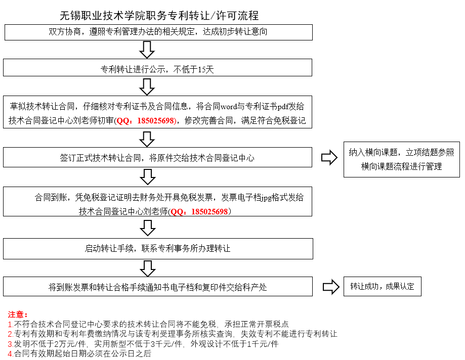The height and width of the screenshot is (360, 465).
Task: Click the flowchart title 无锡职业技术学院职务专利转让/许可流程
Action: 159,15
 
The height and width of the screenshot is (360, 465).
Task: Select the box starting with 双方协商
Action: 159,32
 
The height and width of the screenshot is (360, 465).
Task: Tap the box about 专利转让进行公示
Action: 158,68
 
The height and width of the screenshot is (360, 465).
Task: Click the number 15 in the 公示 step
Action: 202,70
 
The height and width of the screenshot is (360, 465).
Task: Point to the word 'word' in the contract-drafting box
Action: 229,106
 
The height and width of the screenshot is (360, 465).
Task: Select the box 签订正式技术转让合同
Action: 158,157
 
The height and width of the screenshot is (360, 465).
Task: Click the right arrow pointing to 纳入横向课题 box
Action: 329,157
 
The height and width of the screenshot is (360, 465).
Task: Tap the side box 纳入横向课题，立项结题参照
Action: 402,159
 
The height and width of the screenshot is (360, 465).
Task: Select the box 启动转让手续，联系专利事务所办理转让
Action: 158,249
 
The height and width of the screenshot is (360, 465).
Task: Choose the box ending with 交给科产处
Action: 158,287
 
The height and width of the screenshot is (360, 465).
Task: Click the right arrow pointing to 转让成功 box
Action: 331,287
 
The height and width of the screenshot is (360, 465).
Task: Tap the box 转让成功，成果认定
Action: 383,286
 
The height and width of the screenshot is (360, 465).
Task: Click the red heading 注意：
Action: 18,314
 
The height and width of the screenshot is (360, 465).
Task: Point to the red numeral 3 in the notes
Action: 10,344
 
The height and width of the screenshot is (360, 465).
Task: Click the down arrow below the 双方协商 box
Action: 147,50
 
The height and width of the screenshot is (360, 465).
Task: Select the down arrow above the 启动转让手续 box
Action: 148,228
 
